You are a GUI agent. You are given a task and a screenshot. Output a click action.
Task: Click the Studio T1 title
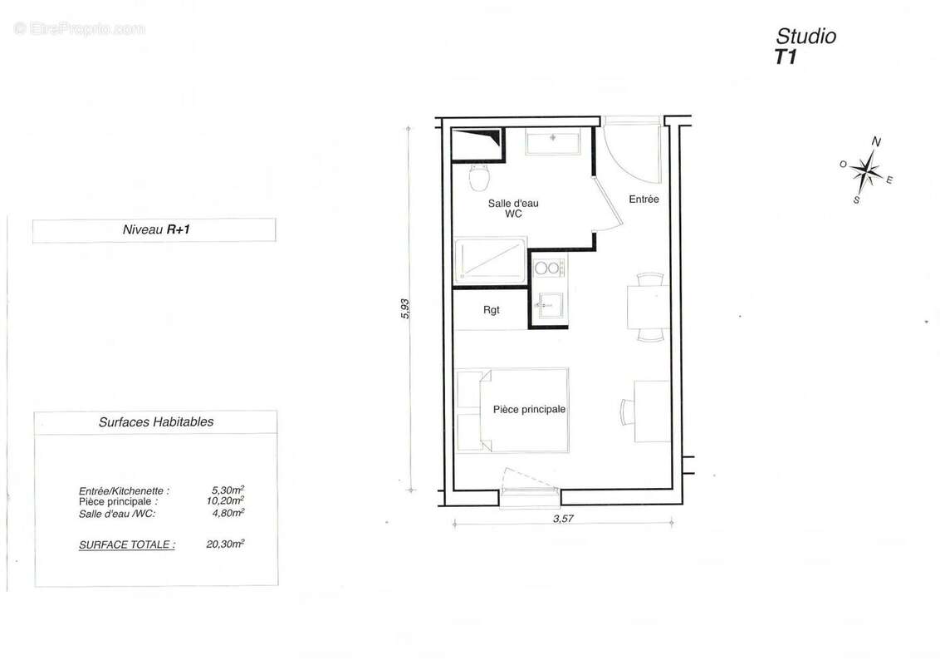[x=805, y=46]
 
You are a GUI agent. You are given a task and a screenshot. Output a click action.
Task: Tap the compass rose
[x=866, y=171]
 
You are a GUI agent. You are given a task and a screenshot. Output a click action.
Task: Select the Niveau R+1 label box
[x=154, y=230]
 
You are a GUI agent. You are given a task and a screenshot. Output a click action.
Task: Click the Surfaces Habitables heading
[x=156, y=422]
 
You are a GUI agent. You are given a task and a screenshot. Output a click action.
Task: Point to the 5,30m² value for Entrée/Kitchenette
[x=228, y=491]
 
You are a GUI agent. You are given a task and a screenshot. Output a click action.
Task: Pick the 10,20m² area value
[x=227, y=501]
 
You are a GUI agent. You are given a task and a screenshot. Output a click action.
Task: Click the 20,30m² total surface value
[x=226, y=544]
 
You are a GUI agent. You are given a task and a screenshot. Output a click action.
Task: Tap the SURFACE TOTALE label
[x=127, y=545]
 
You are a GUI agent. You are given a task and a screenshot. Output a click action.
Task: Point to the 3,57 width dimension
[x=565, y=519]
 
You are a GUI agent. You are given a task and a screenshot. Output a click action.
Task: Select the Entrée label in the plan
[x=644, y=199]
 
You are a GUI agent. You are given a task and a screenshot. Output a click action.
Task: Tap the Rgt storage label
[x=492, y=310]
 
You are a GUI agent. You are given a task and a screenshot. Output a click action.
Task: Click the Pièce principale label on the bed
[x=529, y=410]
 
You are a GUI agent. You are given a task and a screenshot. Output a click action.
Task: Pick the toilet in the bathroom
[x=479, y=176]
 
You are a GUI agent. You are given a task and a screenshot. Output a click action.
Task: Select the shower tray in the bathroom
[x=489, y=261]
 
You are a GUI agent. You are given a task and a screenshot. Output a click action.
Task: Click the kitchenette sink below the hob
[x=547, y=305]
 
